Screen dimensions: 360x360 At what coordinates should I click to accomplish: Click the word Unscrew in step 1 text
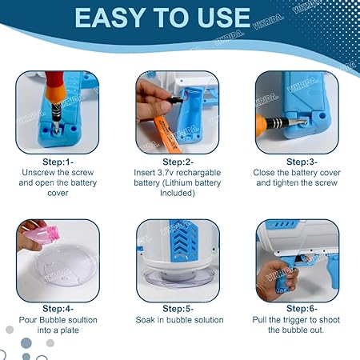tap(38, 172)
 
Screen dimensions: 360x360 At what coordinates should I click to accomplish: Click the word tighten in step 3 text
tap(291, 182)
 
